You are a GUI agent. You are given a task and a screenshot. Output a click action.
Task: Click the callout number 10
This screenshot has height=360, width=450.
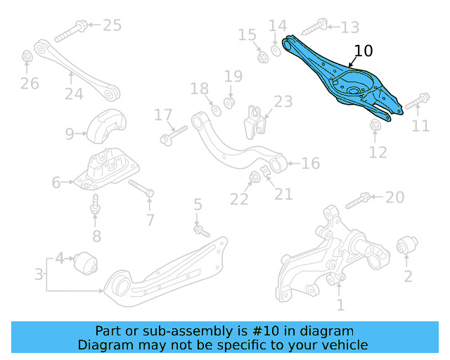[364, 51]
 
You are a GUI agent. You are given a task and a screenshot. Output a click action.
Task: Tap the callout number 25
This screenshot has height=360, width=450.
[112, 26]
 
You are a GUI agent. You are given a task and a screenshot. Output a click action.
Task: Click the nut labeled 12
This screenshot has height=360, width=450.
[375, 125]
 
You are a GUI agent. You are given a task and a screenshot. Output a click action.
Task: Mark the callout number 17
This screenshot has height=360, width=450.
[163, 115]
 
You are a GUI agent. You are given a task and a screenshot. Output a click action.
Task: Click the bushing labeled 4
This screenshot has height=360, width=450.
[89, 262]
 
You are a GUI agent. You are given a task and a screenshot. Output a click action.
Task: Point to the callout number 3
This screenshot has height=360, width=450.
[39, 272]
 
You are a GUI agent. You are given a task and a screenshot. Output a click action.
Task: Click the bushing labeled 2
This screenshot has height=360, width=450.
[406, 247]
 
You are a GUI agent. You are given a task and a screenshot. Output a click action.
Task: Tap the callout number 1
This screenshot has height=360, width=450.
[340, 305]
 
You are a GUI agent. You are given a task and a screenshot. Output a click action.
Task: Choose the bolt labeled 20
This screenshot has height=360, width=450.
[355, 199]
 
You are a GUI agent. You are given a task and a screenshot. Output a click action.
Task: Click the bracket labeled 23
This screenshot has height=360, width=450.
[256, 124]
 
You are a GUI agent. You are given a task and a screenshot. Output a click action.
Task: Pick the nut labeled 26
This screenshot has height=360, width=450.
[27, 56]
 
